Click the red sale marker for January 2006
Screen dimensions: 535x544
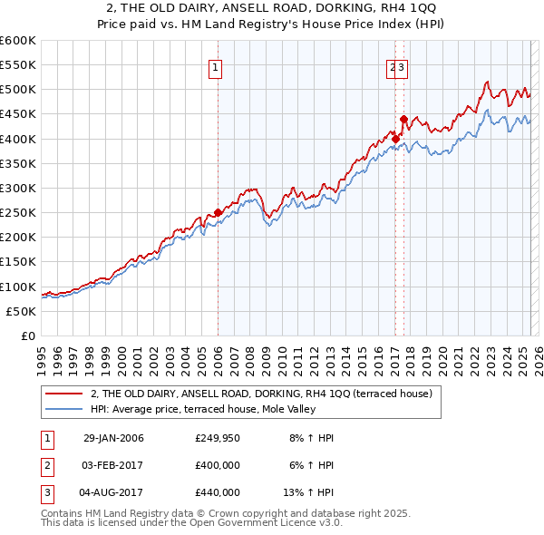(x=219, y=213)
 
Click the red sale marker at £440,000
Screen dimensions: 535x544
(x=403, y=119)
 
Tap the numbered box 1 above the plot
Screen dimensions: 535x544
(x=216, y=66)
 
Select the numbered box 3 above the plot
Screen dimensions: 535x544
(x=402, y=66)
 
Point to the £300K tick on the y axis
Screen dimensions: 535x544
(x=21, y=188)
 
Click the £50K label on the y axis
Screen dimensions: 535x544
(x=21, y=311)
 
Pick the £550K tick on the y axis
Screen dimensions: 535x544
(x=21, y=65)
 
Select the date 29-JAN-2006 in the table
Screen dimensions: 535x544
(x=113, y=438)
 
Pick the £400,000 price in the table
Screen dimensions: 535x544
(x=218, y=465)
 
